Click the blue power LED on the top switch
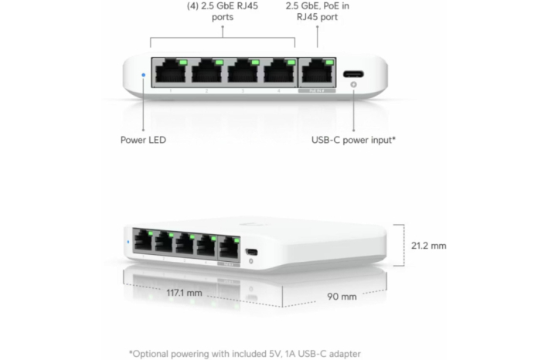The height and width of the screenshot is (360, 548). click(143, 75)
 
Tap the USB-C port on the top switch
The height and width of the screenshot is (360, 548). click(353, 74)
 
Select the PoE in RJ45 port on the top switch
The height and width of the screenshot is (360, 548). click(317, 73)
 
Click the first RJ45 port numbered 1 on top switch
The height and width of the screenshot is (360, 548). click(171, 73)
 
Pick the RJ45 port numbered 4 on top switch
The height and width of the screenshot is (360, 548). click(278, 73)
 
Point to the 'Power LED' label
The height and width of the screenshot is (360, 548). click(143, 140)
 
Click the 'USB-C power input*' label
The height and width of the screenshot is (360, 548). click(353, 140)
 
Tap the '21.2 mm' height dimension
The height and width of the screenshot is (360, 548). click(428, 246)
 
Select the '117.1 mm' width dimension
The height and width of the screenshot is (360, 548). click(184, 293)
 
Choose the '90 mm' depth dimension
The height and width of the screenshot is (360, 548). click(342, 297)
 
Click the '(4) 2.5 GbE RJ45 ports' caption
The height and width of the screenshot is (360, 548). click(223, 12)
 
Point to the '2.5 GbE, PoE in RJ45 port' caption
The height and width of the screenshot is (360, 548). click(318, 12)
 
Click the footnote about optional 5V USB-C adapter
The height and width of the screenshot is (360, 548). click(245, 354)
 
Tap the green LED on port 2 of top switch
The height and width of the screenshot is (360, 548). click(220, 62)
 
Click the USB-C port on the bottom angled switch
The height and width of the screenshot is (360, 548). click(251, 252)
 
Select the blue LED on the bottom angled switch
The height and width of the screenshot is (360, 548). click(128, 242)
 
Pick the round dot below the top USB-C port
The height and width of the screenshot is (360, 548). click(353, 84)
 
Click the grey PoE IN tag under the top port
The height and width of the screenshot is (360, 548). click(317, 91)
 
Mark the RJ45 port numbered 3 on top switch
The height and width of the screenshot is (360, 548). click(243, 73)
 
